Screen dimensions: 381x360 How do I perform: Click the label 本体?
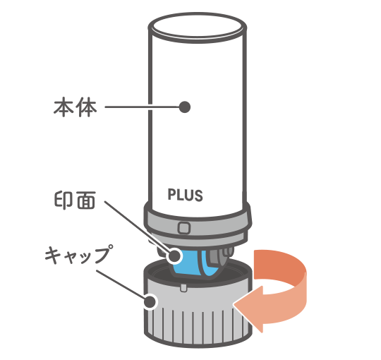coord(75,107)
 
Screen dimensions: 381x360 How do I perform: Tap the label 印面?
coord(75,200)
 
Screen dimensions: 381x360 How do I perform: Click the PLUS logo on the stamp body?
coord(185,195)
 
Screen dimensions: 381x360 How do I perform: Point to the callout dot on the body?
coord(184,107)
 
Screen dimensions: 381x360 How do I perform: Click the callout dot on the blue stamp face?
coord(174,256)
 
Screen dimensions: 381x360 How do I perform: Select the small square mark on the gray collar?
coord(184,228)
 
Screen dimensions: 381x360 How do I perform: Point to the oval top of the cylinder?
coord(198,28)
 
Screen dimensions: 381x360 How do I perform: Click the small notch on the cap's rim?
coord(183,287)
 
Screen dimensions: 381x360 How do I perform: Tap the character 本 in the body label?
coord(64,107)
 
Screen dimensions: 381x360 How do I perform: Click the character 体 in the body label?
coord(87,107)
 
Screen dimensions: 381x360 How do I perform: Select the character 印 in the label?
coord(64,200)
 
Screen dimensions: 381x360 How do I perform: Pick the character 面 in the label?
coord(86,200)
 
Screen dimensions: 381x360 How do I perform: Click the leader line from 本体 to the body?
coord(142,107)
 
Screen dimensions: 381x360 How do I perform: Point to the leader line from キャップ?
coord(121,284)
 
